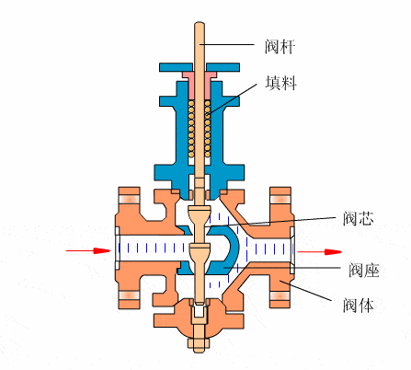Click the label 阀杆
280,46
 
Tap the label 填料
280,83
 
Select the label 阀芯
358,218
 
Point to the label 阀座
364,271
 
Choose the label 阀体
358,305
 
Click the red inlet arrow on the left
88,250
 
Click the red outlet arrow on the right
319,252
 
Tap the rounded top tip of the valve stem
200,23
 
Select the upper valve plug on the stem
200,215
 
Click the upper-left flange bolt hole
129,200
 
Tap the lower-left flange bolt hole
129,295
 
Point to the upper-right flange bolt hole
280,200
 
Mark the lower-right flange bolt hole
280,295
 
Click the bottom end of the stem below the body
200,351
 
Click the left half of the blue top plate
177,67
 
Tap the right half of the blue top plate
223,67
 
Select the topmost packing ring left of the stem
191,103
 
